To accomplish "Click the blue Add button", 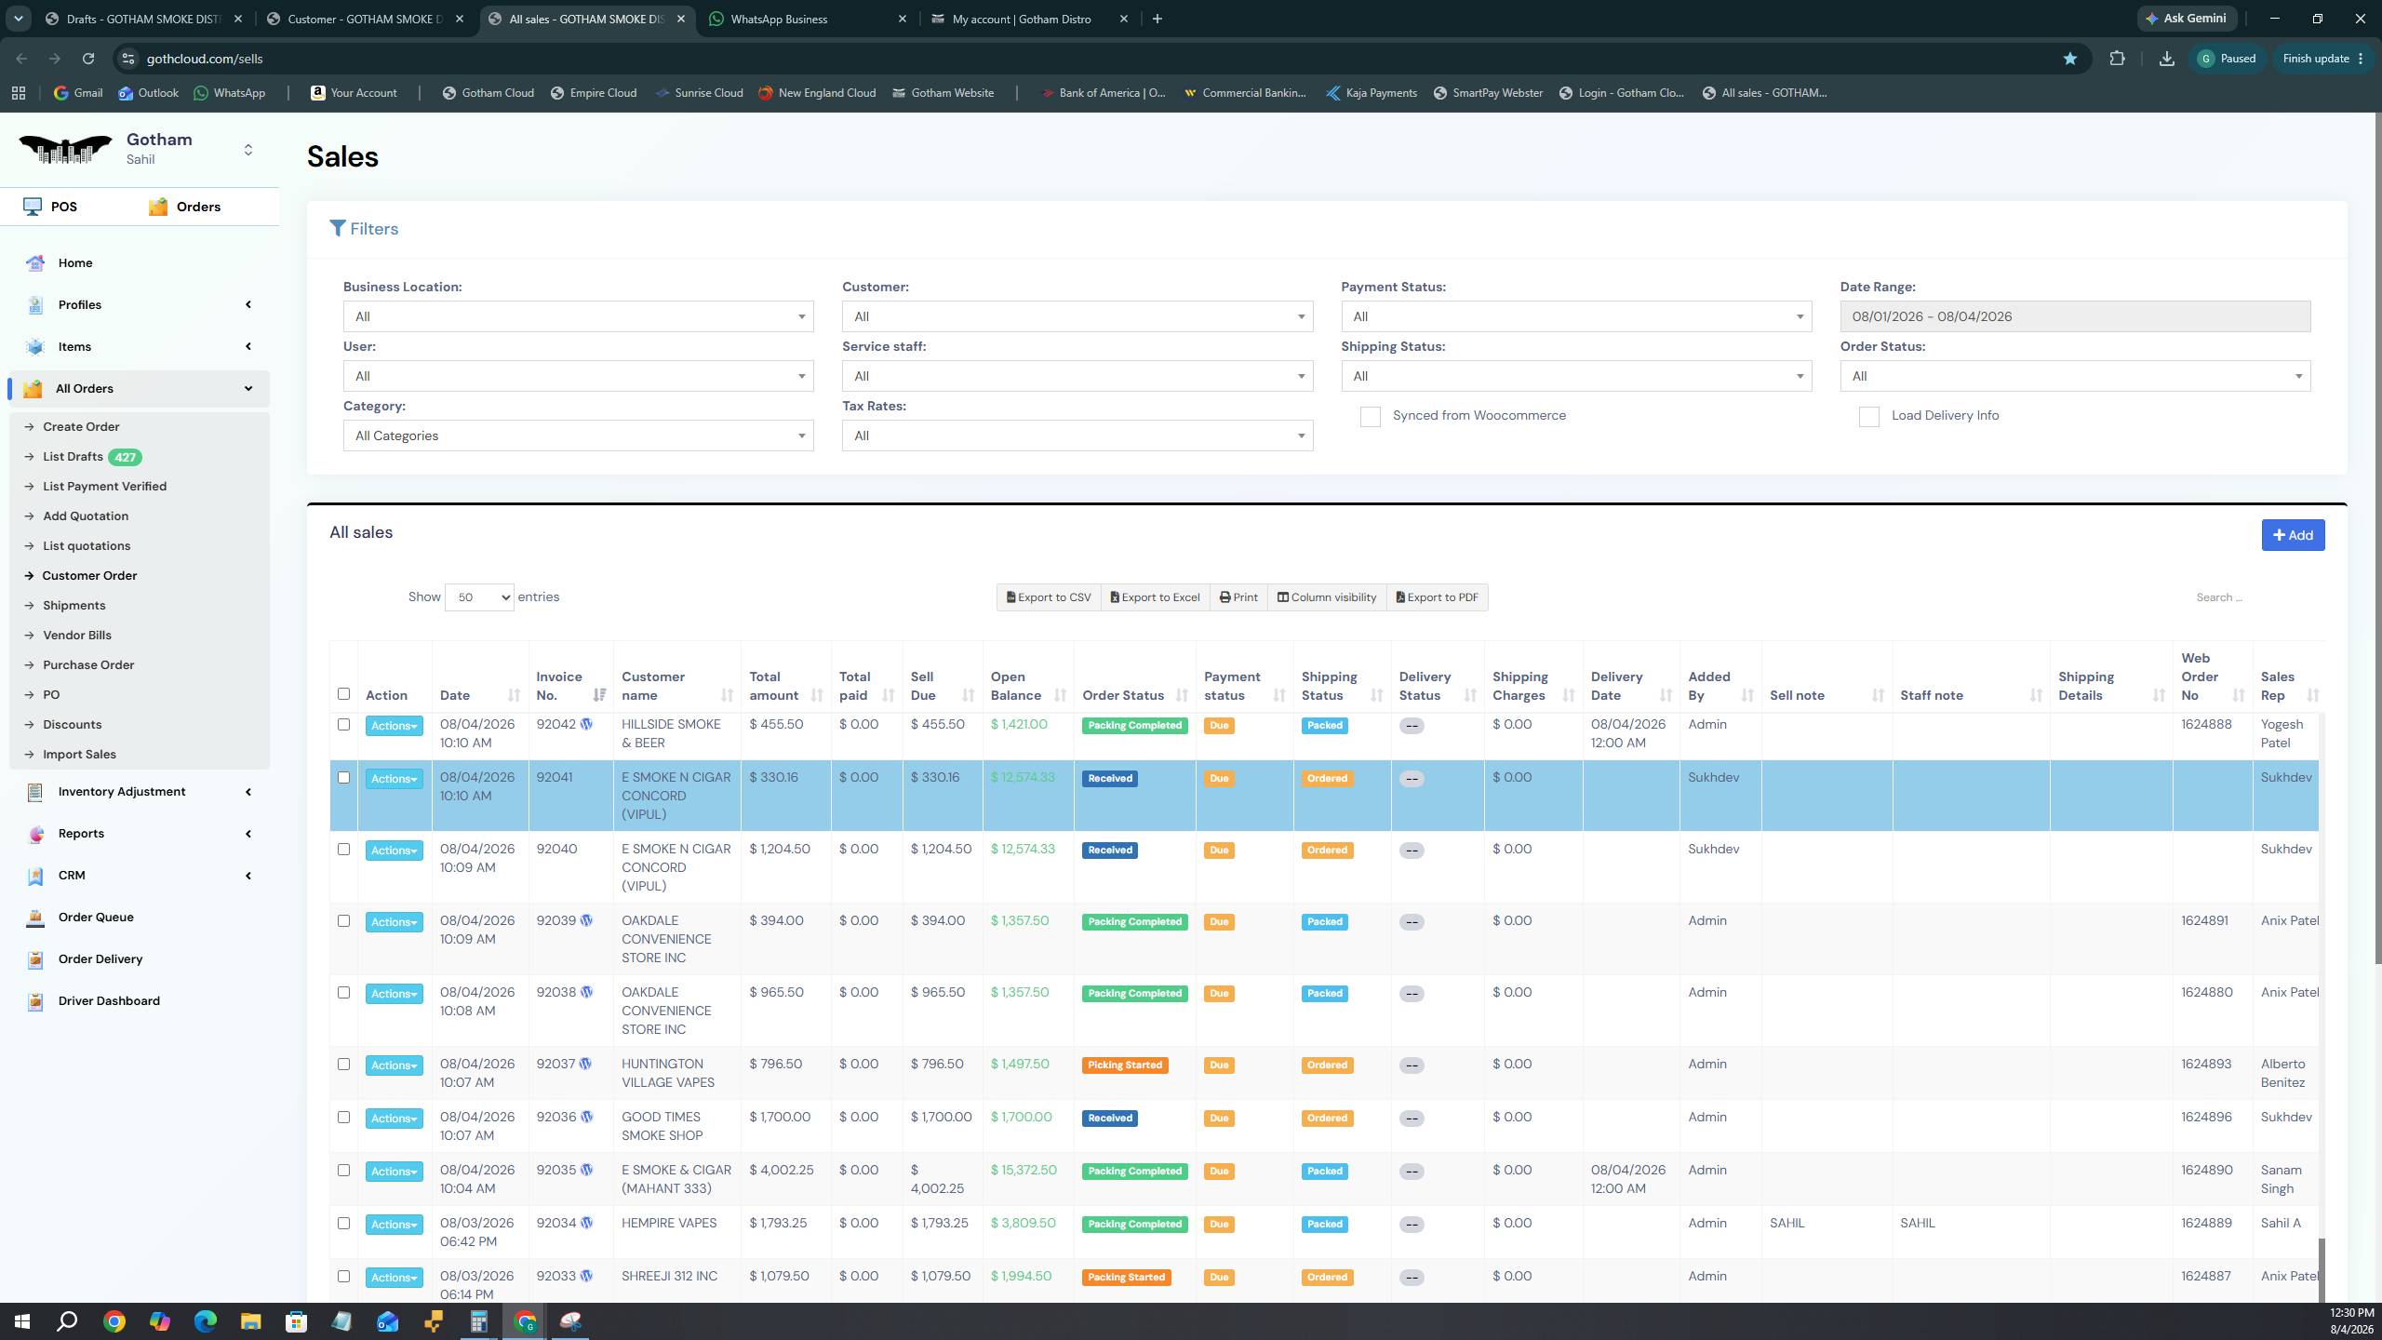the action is tap(2293, 535).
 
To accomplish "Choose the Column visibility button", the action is tap(1327, 597).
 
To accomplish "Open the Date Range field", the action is tap(2075, 316).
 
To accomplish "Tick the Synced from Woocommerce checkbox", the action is tap(1371, 417).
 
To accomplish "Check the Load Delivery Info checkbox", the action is tap(1869, 417).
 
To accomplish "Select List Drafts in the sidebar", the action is tap(73, 457).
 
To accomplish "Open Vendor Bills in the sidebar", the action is tap(77, 636).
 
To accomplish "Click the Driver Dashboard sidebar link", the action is tap(109, 1001).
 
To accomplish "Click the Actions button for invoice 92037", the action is tap(394, 1065).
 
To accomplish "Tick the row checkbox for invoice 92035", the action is tap(343, 1171).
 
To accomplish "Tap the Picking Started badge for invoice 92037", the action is tap(1125, 1065).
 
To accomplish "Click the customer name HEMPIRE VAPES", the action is tap(669, 1224).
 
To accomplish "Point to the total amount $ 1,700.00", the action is tap(780, 1118).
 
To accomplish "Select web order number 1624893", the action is tap(2206, 1065).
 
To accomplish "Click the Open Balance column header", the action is tap(1016, 686).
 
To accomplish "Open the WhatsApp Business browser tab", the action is tap(779, 19).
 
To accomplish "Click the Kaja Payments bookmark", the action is tap(1372, 93).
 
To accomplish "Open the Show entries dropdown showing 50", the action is tap(479, 597).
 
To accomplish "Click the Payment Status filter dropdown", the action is tap(1576, 316).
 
